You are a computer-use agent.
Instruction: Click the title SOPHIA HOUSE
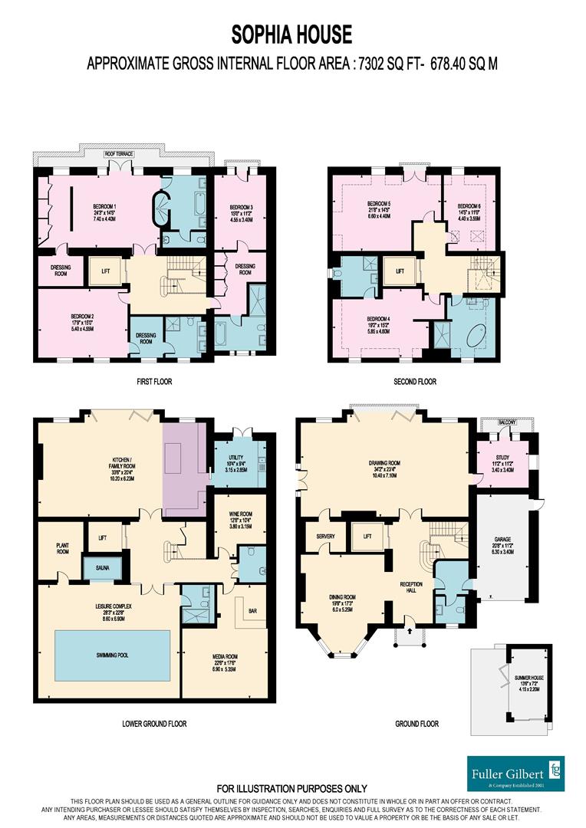click(x=292, y=34)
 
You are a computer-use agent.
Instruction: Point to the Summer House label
click(x=522, y=675)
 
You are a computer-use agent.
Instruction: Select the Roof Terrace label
click(x=120, y=154)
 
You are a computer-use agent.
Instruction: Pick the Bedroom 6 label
click(x=469, y=207)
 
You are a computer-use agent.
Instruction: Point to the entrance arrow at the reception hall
click(x=408, y=632)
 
